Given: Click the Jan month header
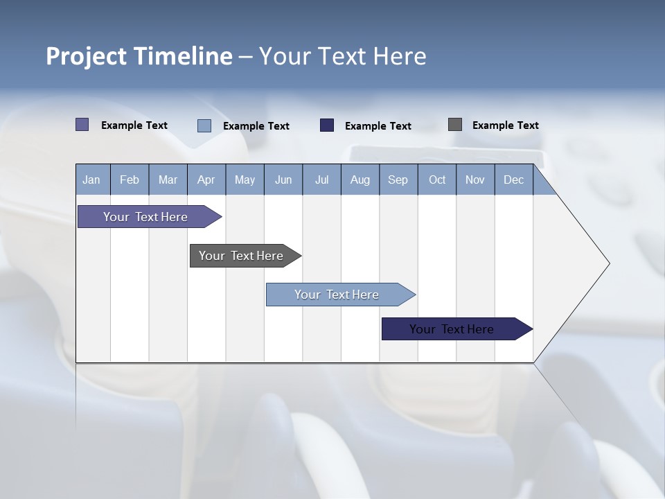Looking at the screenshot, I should pos(91,180).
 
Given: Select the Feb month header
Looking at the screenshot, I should pos(130,180).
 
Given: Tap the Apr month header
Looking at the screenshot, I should pos(206,180).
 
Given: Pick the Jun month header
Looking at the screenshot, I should pos(283,180).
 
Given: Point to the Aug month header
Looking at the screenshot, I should pos(360,180).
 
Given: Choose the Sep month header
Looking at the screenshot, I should pos(398,180).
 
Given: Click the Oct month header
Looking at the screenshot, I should pos(436,180).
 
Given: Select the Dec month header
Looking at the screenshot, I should pos(513,180).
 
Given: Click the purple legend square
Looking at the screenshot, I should pos(82,125).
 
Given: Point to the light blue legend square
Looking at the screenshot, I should pos(204,125).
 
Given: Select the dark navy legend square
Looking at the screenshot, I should pos(327,125).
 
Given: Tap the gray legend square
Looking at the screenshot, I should pos(454,125).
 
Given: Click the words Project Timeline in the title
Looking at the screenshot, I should pos(139,56).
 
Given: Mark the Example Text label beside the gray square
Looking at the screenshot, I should pos(505,125).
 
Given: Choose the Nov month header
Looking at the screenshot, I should pos(475,180).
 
